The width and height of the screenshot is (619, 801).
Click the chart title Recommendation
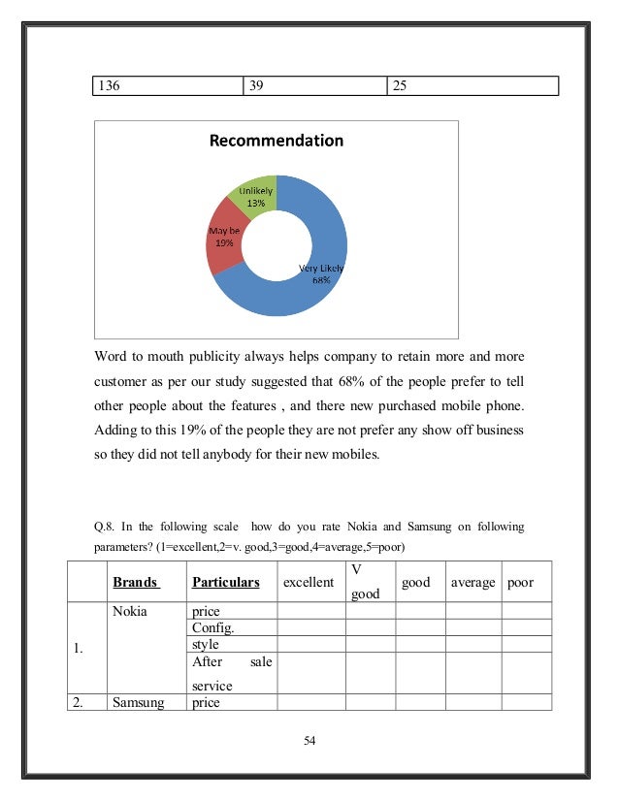coord(277,141)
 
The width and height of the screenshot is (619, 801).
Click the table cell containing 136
coord(166,86)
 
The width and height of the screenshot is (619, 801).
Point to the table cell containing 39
coord(313,86)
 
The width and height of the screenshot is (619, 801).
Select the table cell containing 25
coord(472,86)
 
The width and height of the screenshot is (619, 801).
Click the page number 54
coord(310,742)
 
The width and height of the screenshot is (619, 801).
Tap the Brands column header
coord(136,583)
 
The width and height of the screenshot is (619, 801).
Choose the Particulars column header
coord(225,583)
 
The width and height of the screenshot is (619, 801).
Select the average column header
coord(472,583)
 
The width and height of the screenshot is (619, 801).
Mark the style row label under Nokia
coord(206,644)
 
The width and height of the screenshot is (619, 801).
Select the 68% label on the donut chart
coord(321,281)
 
